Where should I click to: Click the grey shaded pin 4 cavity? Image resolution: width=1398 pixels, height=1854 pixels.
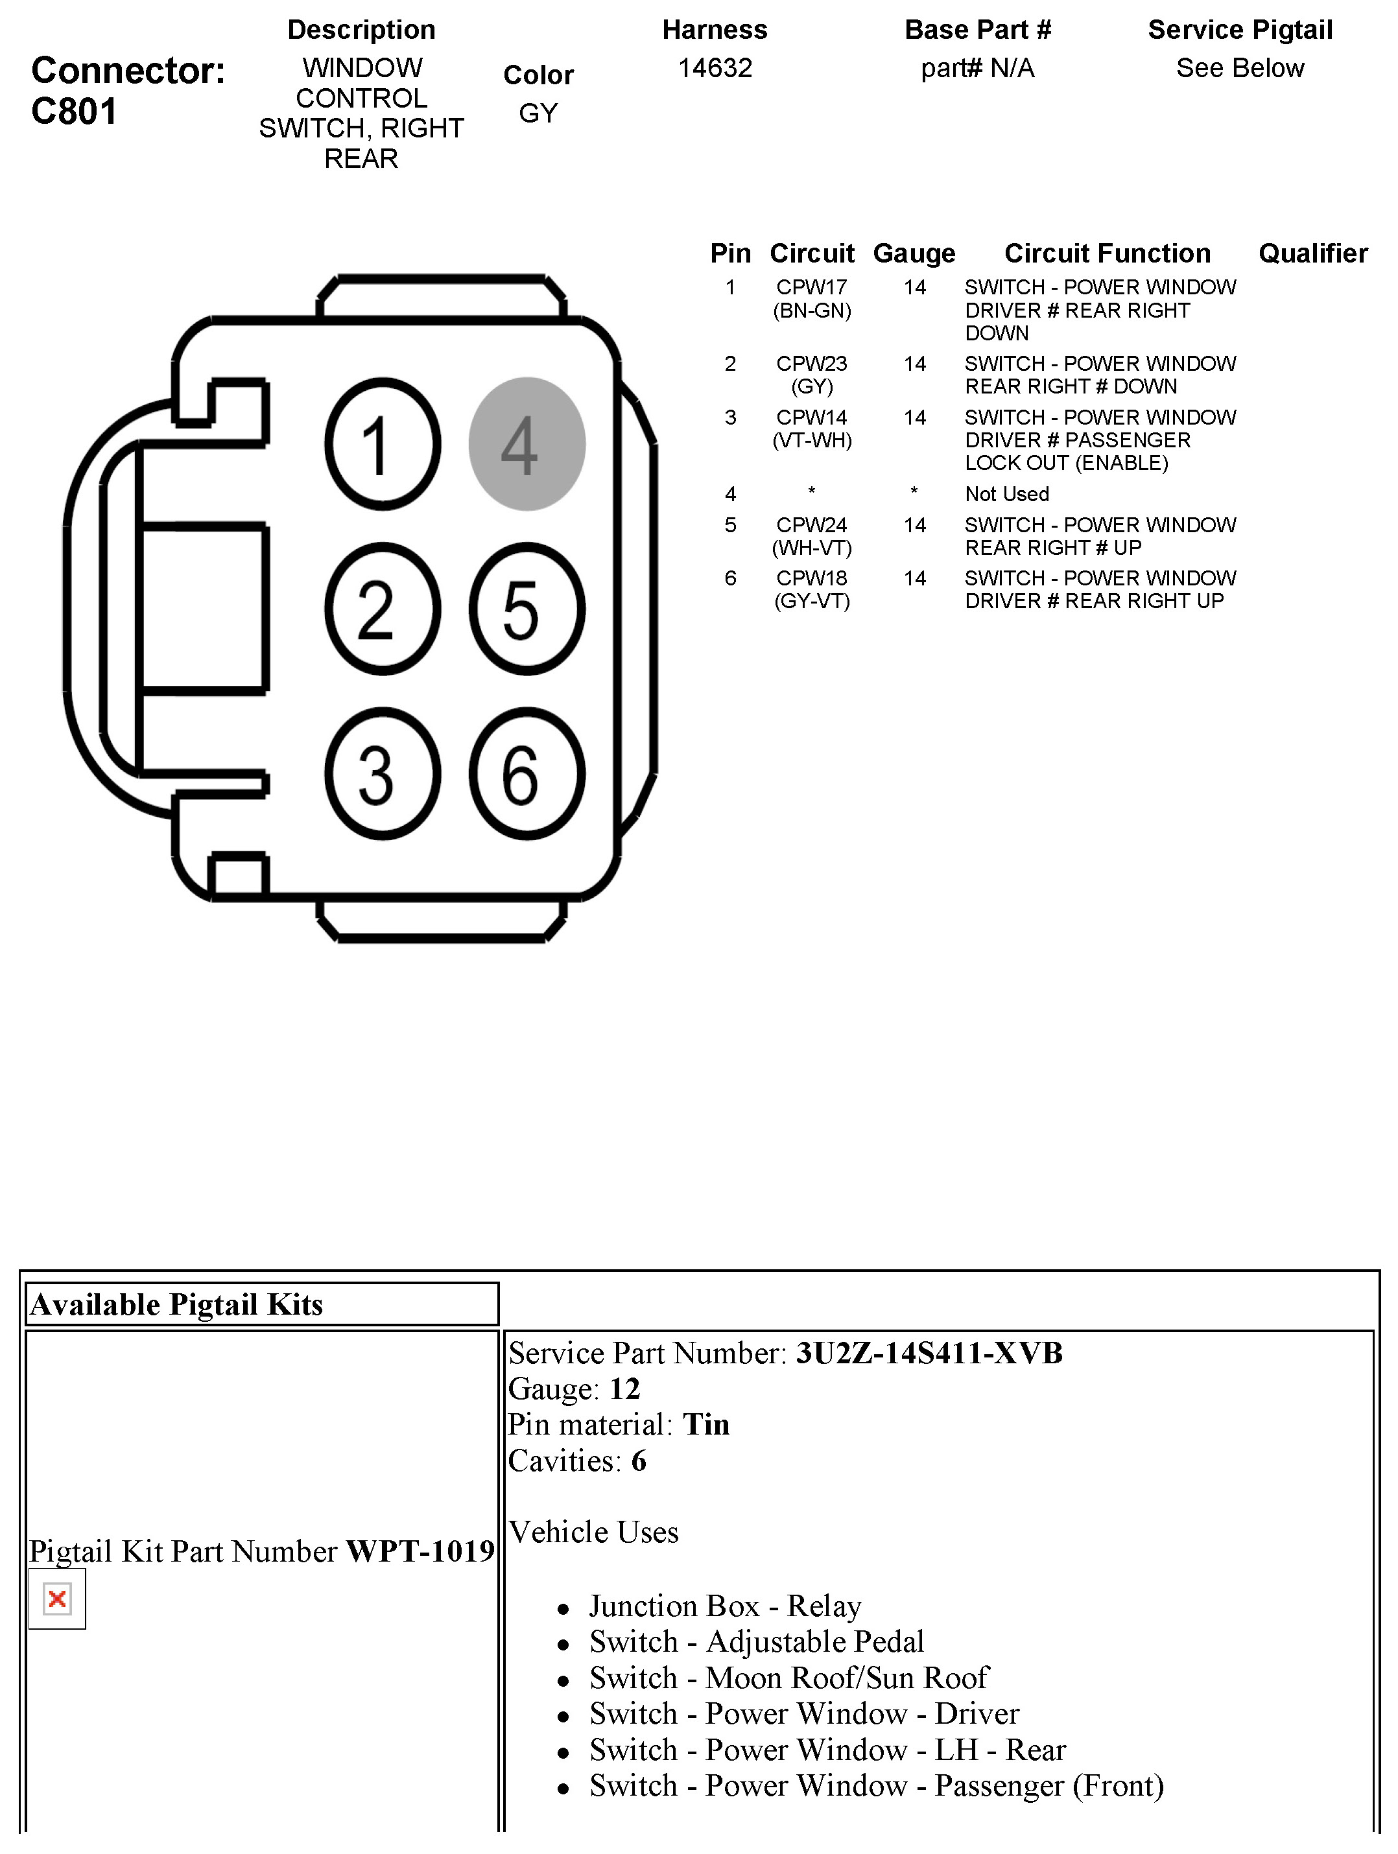point(527,443)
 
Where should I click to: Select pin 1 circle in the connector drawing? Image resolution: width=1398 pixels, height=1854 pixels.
point(382,443)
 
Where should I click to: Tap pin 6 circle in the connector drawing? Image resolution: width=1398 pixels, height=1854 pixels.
point(527,773)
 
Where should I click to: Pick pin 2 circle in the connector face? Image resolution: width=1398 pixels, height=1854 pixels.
point(382,609)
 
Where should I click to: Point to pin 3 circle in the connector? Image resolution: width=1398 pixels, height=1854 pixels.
point(382,773)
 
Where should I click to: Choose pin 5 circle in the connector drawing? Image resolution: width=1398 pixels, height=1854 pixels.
point(527,609)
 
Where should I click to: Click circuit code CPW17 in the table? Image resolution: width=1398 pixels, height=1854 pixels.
point(811,287)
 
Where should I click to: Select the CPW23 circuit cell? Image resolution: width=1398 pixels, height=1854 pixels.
point(811,364)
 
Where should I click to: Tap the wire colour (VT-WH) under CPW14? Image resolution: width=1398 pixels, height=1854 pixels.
point(811,440)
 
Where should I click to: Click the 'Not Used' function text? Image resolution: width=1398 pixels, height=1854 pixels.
point(1006,495)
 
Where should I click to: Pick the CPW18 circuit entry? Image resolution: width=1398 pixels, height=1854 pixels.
point(811,578)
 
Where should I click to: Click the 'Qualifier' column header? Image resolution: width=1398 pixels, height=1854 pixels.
point(1312,253)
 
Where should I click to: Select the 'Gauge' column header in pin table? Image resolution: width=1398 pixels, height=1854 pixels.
point(914,253)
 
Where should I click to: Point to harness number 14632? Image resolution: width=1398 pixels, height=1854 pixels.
point(715,68)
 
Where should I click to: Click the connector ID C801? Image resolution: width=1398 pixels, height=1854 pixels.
point(74,111)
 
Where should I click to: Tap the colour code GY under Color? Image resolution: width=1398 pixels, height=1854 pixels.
point(538,113)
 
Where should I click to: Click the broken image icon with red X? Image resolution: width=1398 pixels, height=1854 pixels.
point(57,1599)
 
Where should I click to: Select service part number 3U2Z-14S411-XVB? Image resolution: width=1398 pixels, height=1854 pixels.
point(929,1354)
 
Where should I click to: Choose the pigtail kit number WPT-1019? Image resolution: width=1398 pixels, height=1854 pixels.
point(420,1551)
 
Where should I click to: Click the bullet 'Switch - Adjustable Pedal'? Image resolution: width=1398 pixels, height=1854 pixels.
point(756,1642)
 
